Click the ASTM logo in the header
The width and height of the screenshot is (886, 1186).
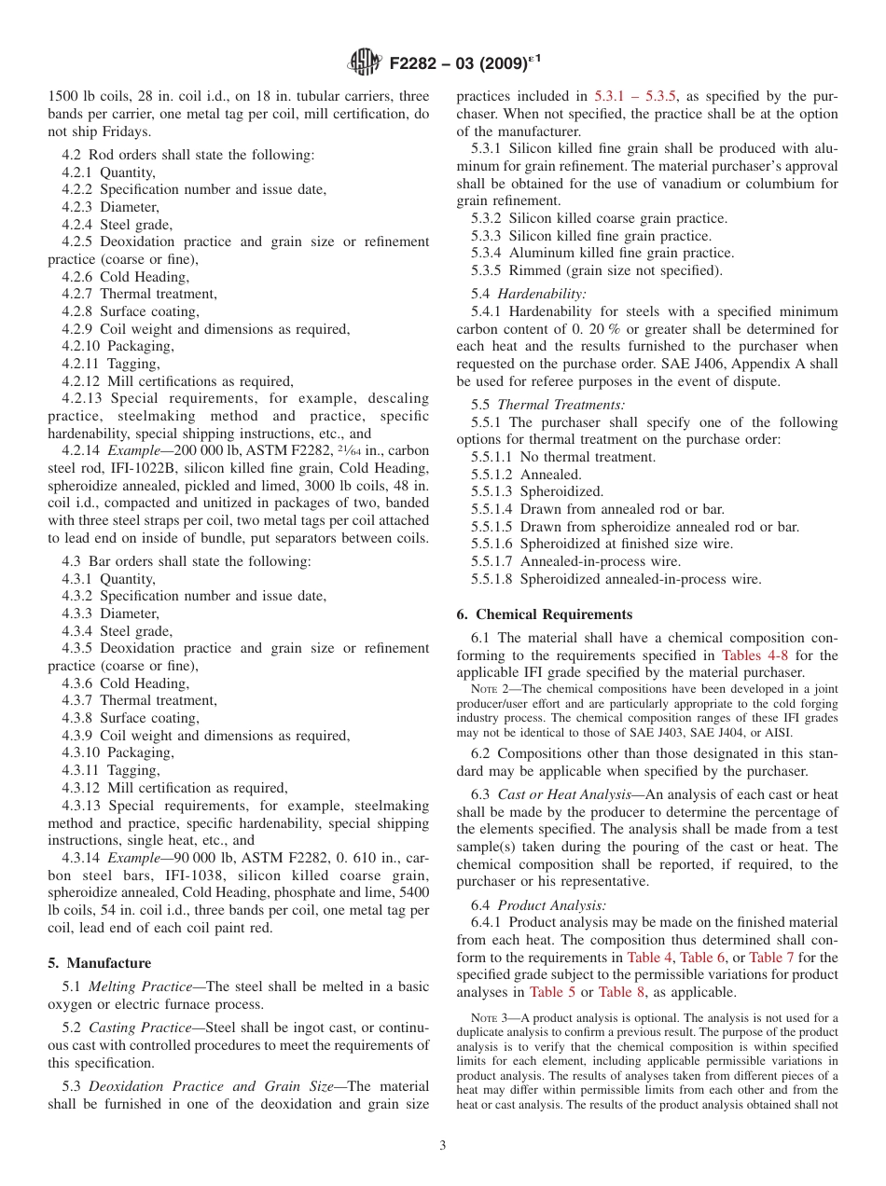click(365, 62)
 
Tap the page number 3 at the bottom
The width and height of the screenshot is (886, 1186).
click(443, 1146)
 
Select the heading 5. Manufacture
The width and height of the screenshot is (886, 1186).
click(100, 962)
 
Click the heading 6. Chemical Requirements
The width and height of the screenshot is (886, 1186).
click(545, 614)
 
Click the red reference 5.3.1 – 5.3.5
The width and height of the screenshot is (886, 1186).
click(635, 96)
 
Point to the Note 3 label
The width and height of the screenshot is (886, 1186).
click(492, 1018)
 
